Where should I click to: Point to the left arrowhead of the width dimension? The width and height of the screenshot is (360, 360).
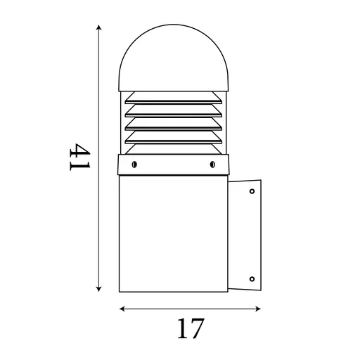tap(121, 309)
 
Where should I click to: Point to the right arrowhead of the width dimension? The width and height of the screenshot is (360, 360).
tap(259, 309)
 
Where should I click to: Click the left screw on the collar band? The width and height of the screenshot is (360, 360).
tap(134, 165)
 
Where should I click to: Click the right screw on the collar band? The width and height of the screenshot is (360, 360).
tap(212, 165)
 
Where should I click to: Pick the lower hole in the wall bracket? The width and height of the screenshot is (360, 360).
tap(252, 280)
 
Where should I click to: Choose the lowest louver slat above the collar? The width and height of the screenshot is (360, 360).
tap(174, 145)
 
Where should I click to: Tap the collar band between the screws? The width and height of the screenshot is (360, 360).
tap(173, 165)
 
